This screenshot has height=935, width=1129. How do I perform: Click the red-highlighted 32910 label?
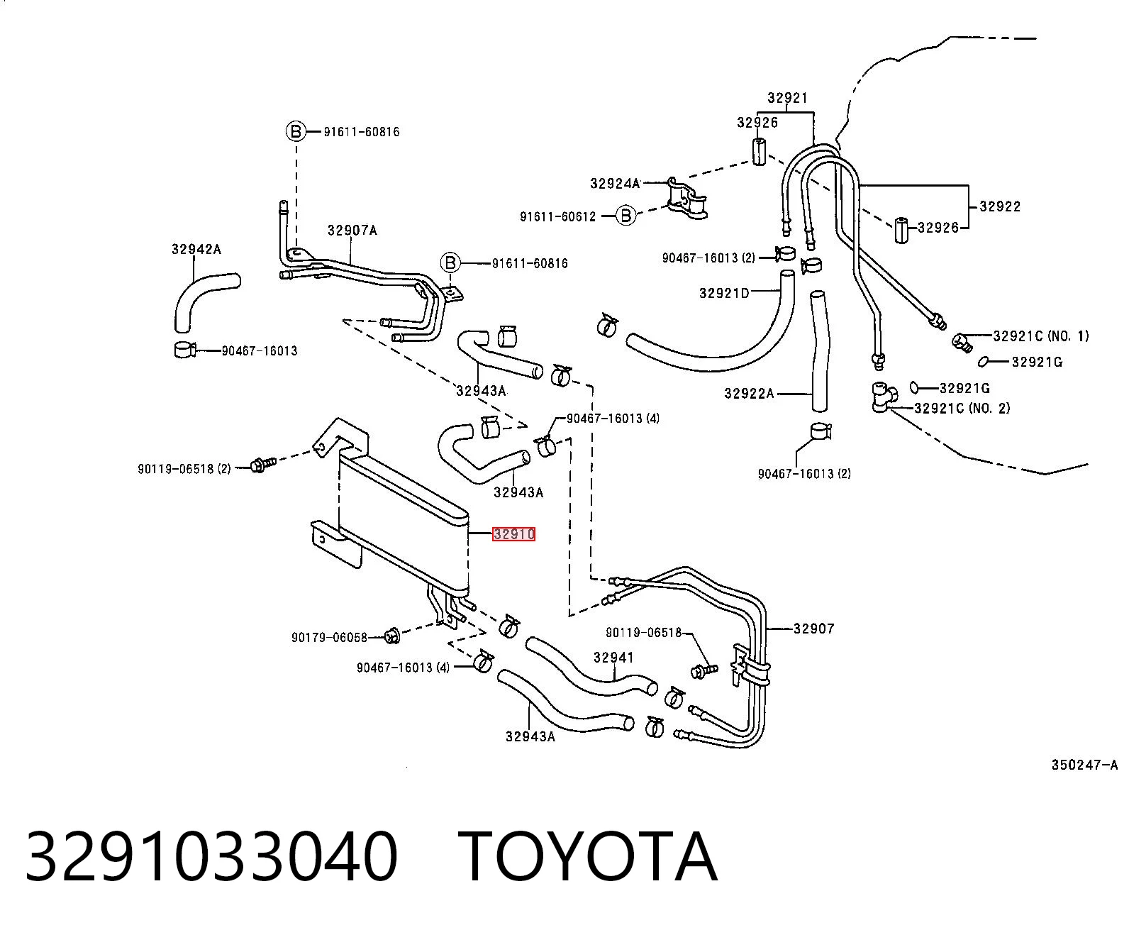click(x=513, y=534)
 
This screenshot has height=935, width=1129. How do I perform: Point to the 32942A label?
click(x=196, y=250)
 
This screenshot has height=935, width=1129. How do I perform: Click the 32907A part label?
click(x=352, y=231)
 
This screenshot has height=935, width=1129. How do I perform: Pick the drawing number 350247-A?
click(x=1084, y=765)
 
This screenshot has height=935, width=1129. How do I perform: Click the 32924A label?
click(x=615, y=184)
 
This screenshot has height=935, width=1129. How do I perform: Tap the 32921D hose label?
click(x=724, y=293)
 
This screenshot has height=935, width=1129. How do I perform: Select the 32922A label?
click(x=750, y=394)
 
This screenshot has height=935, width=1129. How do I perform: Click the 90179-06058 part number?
click(x=329, y=638)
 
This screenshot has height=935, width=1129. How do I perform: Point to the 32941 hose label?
click(x=613, y=658)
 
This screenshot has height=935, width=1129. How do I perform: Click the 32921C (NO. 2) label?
click(x=962, y=408)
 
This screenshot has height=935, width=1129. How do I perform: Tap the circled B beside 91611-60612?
click(x=626, y=216)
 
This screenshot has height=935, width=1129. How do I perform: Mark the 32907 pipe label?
click(x=813, y=629)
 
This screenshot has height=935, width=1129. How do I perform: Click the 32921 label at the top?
click(x=787, y=98)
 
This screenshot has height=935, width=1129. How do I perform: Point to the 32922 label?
click(x=1000, y=206)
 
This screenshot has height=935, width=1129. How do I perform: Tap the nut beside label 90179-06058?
click(x=391, y=636)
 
